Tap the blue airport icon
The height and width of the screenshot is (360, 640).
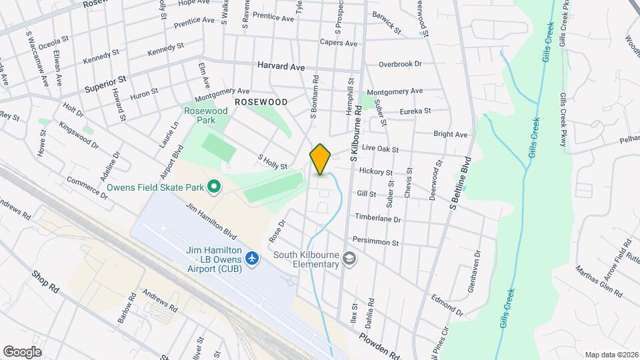tap(253, 257)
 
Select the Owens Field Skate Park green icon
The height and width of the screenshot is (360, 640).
tap(214, 187)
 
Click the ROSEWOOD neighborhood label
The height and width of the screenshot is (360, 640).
tap(261, 102)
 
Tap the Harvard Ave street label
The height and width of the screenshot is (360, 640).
tap(281, 67)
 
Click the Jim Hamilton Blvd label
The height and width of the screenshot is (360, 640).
tap(211, 221)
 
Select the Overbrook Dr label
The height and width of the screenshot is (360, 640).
tap(400, 64)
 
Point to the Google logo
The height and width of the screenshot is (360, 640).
tap(22, 351)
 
